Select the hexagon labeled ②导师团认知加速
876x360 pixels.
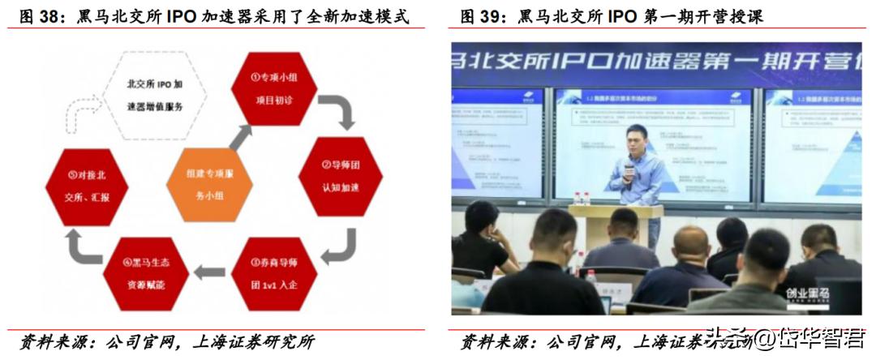(338, 177)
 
